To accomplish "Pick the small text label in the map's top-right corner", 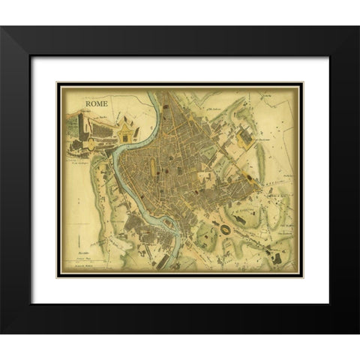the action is (x=268, y=96).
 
